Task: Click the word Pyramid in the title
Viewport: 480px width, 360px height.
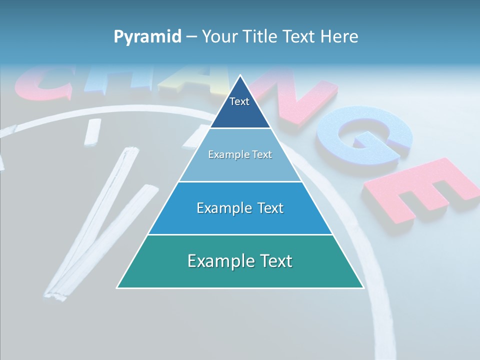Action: [147, 37]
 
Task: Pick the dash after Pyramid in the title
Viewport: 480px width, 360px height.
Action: [191, 37]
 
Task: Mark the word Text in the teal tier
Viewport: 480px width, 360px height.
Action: [274, 261]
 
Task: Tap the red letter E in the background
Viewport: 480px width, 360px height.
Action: [415, 190]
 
